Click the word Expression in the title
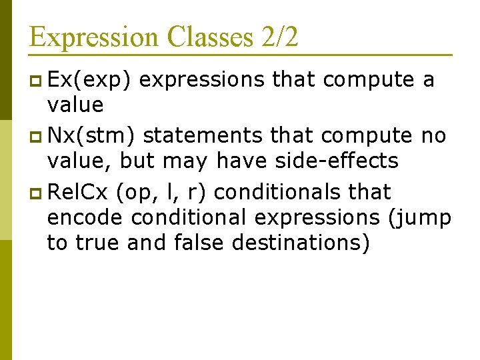coord(94,37)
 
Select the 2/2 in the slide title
coord(280,37)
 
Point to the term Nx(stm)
coord(93,136)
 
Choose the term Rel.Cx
coord(78,192)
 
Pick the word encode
coord(85,217)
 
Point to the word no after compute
coord(433,136)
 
